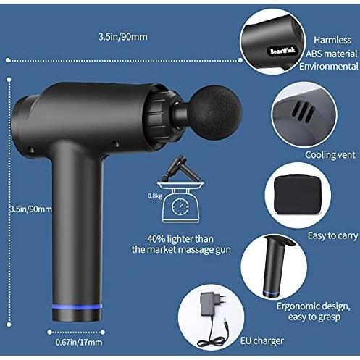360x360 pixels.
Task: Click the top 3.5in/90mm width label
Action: tap(125, 35)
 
